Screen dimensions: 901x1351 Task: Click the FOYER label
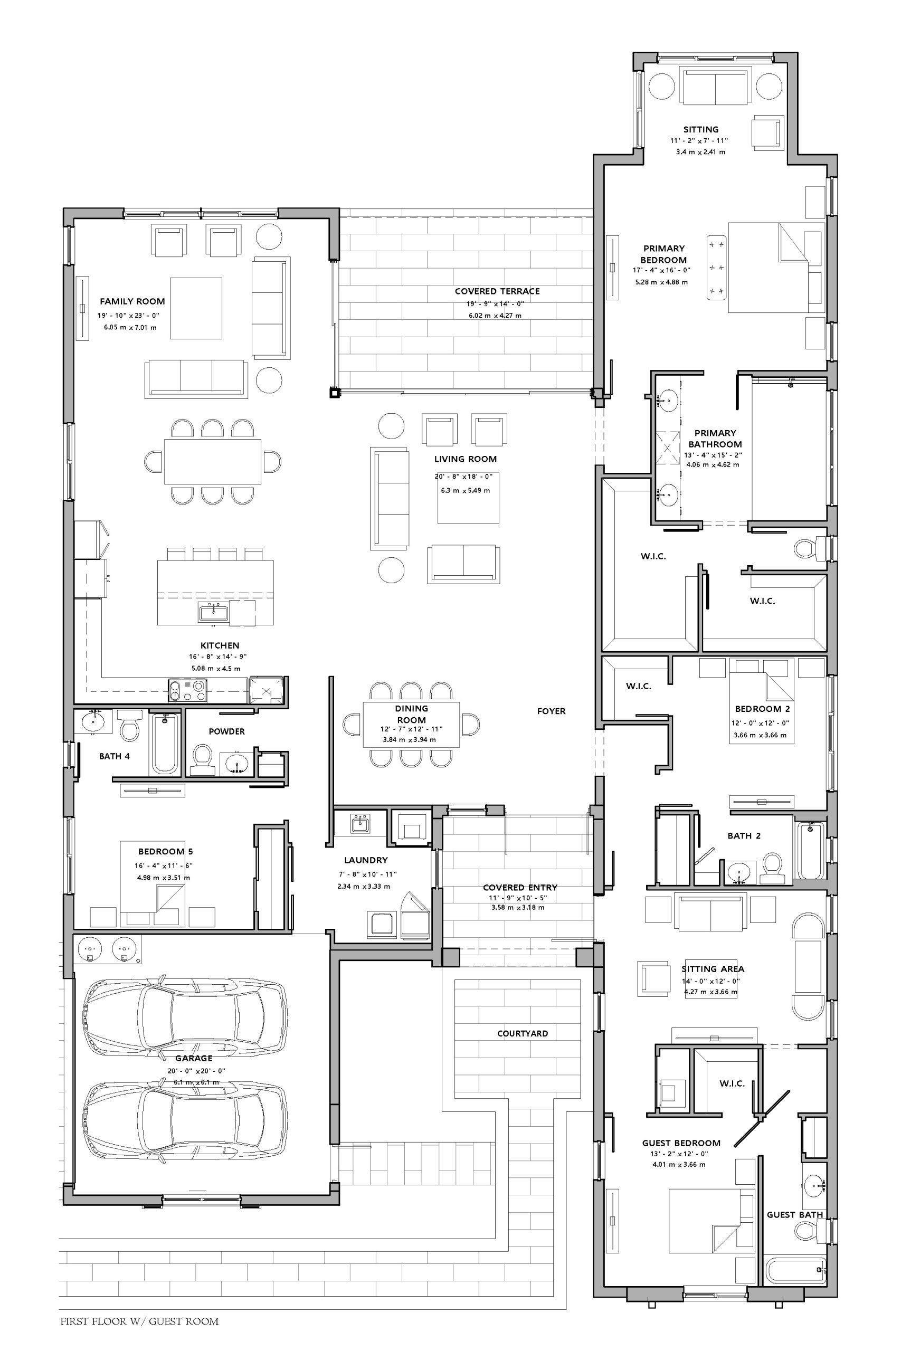(x=551, y=711)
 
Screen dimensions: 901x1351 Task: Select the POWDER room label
(x=226, y=731)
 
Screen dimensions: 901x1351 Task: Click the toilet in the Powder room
(x=202, y=759)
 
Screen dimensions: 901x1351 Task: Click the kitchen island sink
(x=213, y=612)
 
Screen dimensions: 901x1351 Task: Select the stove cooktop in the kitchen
(x=187, y=690)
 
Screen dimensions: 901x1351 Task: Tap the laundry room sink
(x=361, y=823)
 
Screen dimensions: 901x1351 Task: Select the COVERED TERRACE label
(x=497, y=291)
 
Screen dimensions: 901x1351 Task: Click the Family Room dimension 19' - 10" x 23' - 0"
(x=128, y=316)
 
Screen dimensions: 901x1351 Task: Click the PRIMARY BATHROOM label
(x=715, y=438)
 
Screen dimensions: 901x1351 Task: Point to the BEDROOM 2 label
(x=762, y=709)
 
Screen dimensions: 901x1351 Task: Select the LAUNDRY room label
(x=366, y=860)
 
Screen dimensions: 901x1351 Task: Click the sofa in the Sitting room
(x=715, y=86)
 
